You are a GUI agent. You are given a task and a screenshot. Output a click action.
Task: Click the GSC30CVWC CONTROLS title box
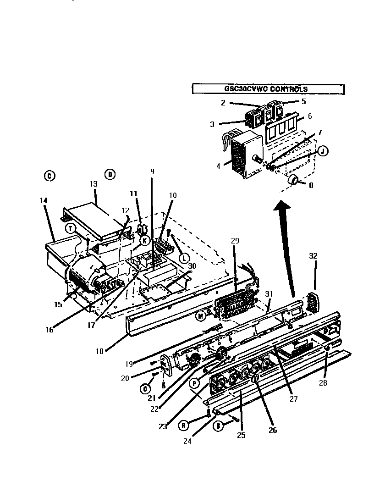click(x=268, y=89)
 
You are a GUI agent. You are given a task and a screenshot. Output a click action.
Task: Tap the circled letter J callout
click(x=323, y=151)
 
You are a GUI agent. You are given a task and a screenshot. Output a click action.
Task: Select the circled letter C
click(x=49, y=176)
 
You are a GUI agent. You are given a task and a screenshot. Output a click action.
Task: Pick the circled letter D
click(x=110, y=174)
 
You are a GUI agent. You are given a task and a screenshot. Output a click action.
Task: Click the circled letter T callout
click(x=70, y=228)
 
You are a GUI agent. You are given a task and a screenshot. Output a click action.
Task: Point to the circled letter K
click(x=144, y=240)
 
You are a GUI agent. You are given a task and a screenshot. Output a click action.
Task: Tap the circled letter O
click(x=145, y=388)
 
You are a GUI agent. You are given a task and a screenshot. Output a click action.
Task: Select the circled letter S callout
click(x=219, y=426)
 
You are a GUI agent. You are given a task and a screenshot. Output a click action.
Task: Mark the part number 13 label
click(x=93, y=184)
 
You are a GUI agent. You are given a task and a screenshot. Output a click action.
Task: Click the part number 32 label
click(x=313, y=256)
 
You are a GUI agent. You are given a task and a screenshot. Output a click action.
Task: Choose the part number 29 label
click(x=235, y=240)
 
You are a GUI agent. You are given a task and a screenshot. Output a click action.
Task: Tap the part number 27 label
click(x=294, y=398)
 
